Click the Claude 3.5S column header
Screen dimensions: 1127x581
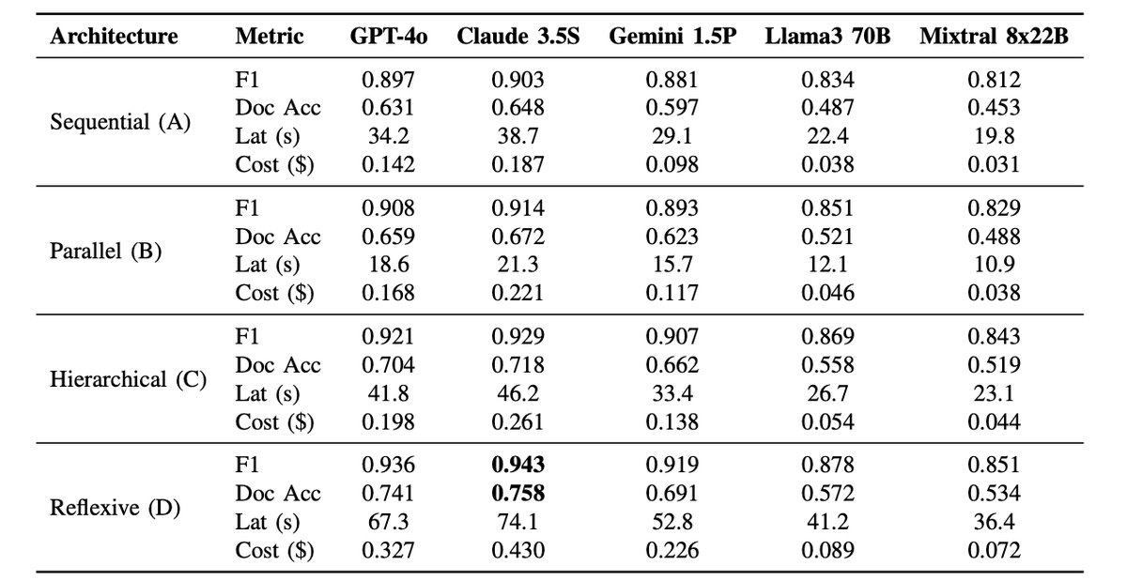click(518, 37)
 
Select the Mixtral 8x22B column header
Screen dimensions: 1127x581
click(995, 37)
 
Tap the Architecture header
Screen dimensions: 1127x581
click(115, 37)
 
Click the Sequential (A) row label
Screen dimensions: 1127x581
click(120, 122)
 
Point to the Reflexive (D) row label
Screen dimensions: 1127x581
click(116, 508)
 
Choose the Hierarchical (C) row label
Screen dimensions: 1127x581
click(129, 379)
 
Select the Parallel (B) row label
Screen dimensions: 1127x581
click(105, 251)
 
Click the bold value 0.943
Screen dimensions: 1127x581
click(518, 465)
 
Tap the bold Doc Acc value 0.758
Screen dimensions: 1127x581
click(518, 493)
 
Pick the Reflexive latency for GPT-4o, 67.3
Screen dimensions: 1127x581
click(389, 522)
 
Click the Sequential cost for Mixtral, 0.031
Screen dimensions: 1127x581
click(995, 164)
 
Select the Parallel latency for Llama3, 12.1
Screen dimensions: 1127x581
click(827, 264)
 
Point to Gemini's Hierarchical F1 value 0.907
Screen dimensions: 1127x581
click(672, 337)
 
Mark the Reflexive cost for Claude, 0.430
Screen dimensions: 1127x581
click(518, 550)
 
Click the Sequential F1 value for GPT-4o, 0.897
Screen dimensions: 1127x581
click(389, 80)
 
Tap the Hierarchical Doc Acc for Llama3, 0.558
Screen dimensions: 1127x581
click(827, 365)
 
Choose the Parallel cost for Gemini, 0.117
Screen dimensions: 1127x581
click(672, 293)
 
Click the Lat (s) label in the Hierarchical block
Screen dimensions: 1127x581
click(268, 393)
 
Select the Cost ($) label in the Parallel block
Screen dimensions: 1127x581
click(274, 293)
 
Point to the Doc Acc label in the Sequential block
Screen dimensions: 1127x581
click(278, 108)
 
